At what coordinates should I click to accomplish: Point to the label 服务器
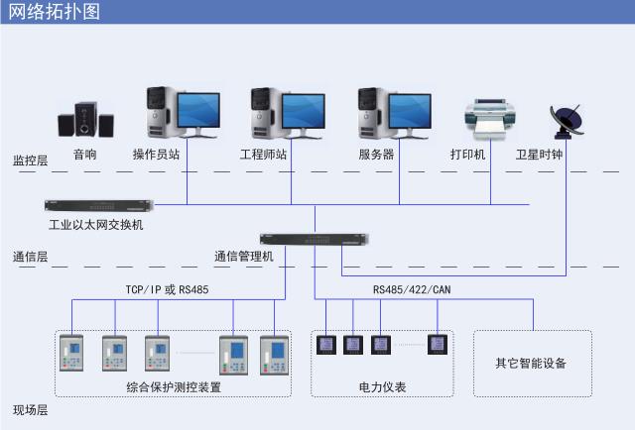(376, 155)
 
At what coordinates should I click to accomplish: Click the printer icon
(490, 119)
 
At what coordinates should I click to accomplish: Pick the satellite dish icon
(568, 121)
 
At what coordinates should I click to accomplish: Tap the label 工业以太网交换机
(95, 225)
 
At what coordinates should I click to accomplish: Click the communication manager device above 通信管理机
(314, 239)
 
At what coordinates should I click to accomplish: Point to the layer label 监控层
(30, 160)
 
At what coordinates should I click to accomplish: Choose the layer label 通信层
(30, 257)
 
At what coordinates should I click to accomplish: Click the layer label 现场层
(30, 409)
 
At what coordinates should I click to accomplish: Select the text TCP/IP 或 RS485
(167, 289)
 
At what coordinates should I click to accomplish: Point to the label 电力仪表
(381, 387)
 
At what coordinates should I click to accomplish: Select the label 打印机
(467, 155)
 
